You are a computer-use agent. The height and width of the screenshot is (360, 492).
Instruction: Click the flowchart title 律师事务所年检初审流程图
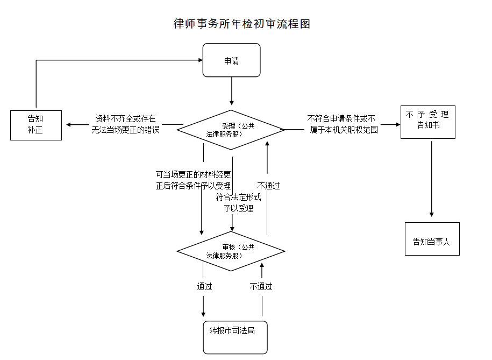[242, 24]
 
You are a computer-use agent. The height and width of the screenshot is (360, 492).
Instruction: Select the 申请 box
[231, 60]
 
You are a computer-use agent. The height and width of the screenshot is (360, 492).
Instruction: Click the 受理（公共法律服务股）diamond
[231, 130]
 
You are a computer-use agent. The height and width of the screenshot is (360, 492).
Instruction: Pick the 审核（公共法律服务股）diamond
[231, 251]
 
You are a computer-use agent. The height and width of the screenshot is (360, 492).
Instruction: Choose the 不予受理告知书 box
[427, 122]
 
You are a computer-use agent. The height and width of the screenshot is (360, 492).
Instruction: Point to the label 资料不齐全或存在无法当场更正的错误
[125, 124]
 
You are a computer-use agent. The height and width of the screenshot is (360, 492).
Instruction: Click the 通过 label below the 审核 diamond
[204, 287]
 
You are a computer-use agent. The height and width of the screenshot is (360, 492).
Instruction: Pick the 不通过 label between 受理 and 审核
[268, 186]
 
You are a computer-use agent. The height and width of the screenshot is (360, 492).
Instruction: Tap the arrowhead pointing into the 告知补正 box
[69, 125]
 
